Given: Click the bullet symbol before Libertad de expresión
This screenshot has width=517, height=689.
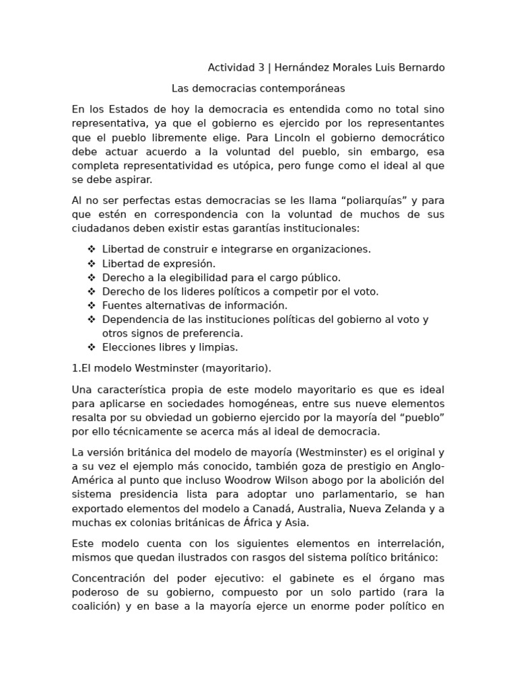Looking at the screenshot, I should tap(92, 263).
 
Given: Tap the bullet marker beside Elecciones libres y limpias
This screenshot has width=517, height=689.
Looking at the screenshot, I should tap(92, 347).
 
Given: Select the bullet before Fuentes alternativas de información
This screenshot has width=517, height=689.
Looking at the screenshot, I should tap(92, 305).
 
